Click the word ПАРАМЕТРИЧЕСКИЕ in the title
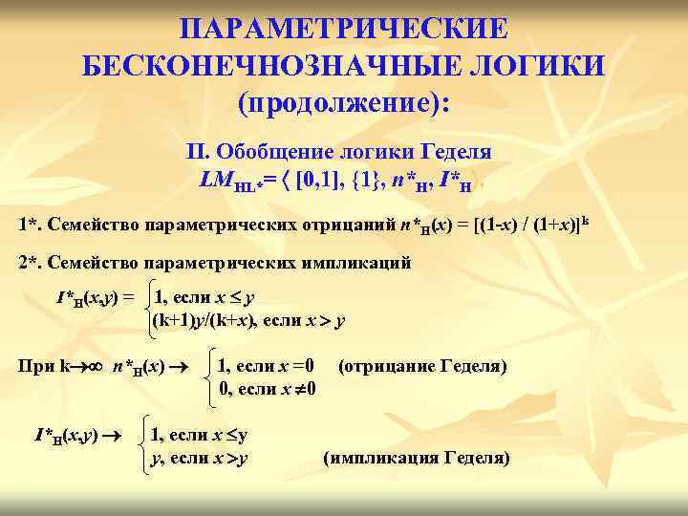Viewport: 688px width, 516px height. pyautogui.click(x=344, y=28)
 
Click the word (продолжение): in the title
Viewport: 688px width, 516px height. pyautogui.click(x=344, y=103)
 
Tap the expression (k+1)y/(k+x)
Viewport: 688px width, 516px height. pyautogui.click(x=204, y=321)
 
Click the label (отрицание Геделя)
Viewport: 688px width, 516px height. pyautogui.click(x=422, y=366)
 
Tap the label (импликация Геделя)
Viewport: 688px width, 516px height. pyautogui.click(x=418, y=459)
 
